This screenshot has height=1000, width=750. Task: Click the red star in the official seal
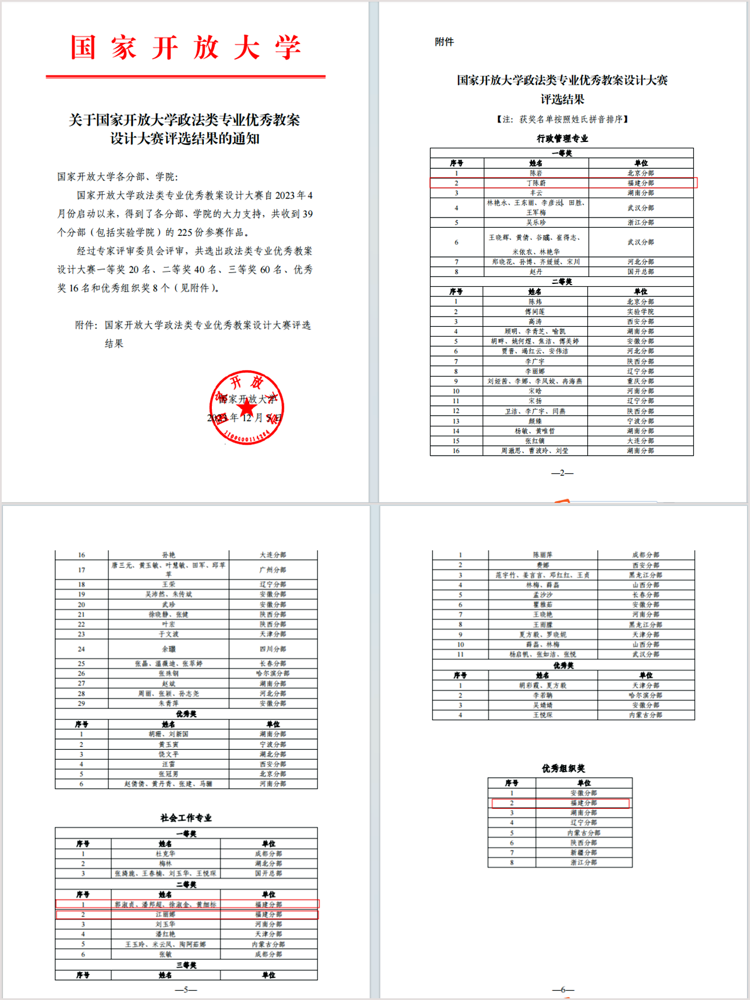(x=247, y=408)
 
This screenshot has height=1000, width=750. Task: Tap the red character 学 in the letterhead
(x=288, y=47)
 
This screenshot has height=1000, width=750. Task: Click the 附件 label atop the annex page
(x=444, y=42)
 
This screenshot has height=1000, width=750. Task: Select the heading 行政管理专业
(x=562, y=139)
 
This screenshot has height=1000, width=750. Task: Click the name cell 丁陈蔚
(x=536, y=183)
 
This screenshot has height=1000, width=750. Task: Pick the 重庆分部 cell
(x=640, y=381)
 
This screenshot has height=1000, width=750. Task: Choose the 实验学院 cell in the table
(x=640, y=312)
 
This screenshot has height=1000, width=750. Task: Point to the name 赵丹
(x=536, y=272)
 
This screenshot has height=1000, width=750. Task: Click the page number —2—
(x=562, y=473)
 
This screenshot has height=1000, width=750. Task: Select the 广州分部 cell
(x=273, y=570)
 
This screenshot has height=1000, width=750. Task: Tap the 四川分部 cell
(x=273, y=649)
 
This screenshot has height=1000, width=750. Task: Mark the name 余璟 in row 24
(x=168, y=649)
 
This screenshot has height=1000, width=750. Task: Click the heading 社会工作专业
(x=186, y=818)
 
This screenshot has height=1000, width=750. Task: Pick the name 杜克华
(x=165, y=853)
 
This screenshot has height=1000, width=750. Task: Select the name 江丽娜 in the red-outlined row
(x=165, y=915)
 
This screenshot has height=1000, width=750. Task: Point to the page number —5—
(x=186, y=990)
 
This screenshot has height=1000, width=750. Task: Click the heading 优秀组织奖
(x=563, y=768)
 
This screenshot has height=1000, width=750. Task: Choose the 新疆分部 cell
(x=583, y=853)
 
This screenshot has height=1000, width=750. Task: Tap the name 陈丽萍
(x=542, y=555)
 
